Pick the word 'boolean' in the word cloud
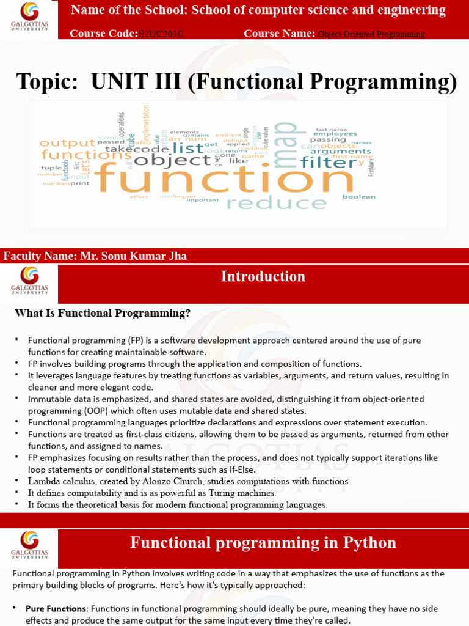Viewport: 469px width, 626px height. pyautogui.click(x=358, y=197)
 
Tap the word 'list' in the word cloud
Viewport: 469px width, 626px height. pyautogui.click(x=187, y=147)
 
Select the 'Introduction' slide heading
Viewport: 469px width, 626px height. pyautogui.click(x=263, y=276)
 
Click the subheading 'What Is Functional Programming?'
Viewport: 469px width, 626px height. pyautogui.click(x=103, y=313)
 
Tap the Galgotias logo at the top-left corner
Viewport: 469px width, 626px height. pyautogui.click(x=29, y=18)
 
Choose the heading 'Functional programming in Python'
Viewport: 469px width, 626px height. pyautogui.click(x=263, y=543)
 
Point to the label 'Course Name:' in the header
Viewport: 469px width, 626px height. pyautogui.click(x=279, y=34)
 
